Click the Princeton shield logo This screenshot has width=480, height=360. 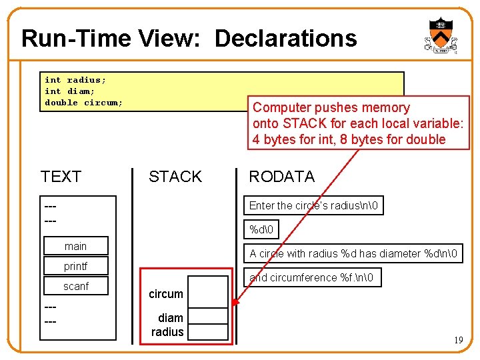[x=440, y=35]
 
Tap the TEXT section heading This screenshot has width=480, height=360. [x=61, y=177]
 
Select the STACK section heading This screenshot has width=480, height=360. [x=175, y=177]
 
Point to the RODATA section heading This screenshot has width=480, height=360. [x=281, y=177]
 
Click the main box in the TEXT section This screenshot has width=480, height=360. [x=75, y=247]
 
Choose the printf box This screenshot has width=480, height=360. [x=75, y=267]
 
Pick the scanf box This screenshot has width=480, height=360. [x=75, y=287]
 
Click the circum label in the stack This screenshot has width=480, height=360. [x=165, y=294]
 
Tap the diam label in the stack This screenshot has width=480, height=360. [x=170, y=318]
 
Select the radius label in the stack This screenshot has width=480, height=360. [x=167, y=332]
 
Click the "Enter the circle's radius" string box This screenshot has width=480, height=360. [x=313, y=205]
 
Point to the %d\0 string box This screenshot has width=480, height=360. [x=262, y=229]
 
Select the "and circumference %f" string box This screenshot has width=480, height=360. [x=311, y=277]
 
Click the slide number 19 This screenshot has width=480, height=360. [x=458, y=341]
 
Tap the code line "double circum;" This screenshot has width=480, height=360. [x=83, y=103]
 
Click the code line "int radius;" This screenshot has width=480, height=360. [x=75, y=80]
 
